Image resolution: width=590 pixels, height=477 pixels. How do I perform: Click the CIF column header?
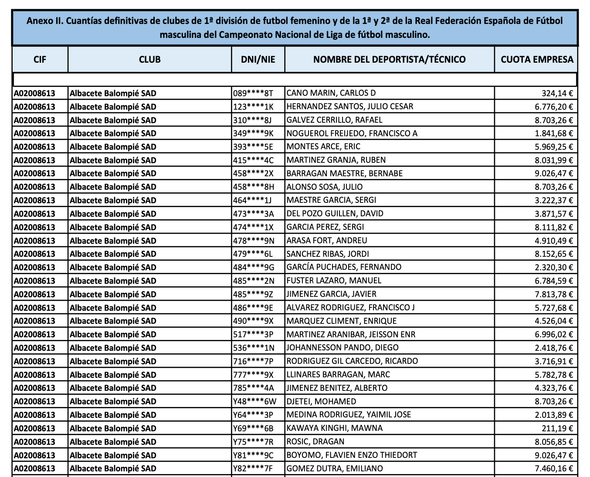40,60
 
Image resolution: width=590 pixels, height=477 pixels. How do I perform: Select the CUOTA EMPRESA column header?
537,60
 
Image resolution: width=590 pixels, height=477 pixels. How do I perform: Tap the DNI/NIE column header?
258,60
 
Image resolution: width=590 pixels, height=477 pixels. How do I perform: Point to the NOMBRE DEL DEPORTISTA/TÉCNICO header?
389,60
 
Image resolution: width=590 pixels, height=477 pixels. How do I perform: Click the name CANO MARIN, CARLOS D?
331,93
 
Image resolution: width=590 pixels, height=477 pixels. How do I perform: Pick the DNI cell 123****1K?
253,107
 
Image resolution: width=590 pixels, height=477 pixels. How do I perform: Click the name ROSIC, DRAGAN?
315,442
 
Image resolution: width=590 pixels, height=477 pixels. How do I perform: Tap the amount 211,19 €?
557,428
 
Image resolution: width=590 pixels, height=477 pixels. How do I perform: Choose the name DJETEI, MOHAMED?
321,401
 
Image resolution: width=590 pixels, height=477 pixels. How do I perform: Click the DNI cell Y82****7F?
253,469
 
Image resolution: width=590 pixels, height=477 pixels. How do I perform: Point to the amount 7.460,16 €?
554,469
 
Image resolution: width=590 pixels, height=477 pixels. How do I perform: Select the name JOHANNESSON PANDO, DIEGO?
342,348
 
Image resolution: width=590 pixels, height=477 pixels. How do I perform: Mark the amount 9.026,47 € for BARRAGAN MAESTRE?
554,174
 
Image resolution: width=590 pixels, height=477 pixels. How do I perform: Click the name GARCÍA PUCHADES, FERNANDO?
344,267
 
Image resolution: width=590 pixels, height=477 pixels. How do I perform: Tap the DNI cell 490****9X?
253,321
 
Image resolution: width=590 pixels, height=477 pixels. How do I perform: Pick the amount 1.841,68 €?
554,134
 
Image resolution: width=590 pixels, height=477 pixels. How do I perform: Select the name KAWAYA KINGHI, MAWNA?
334,428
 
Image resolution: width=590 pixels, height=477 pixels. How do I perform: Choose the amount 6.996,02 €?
554,335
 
